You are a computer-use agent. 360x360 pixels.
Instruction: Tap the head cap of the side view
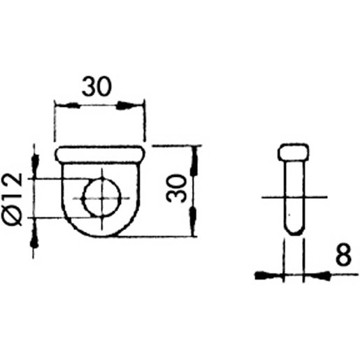[x=294, y=152]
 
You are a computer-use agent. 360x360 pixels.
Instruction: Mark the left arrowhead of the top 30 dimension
[x=63, y=106]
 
